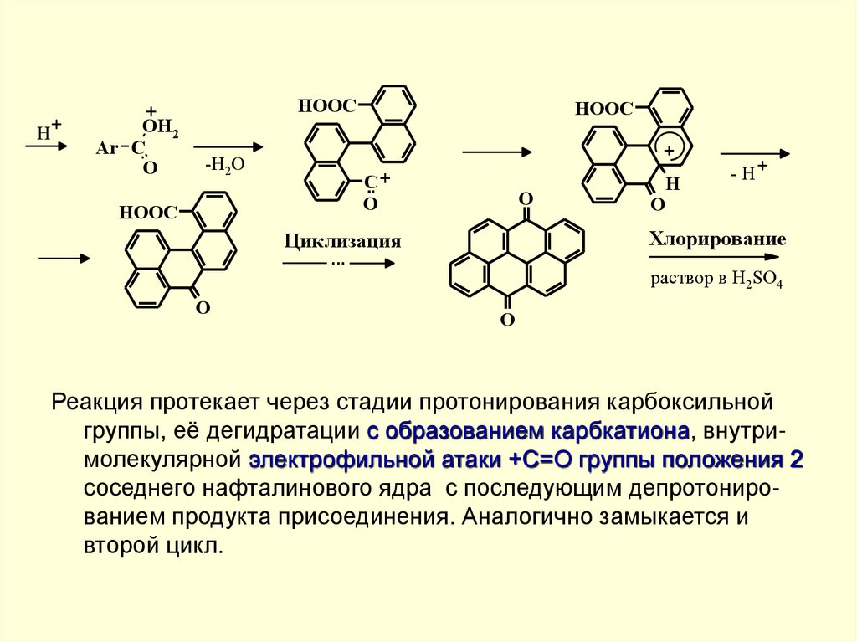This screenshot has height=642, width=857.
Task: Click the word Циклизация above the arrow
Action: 341,242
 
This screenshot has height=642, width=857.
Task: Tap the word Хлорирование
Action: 717,239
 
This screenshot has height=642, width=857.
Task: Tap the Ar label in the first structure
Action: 107,148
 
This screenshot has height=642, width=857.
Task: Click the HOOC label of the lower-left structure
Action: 146,212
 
